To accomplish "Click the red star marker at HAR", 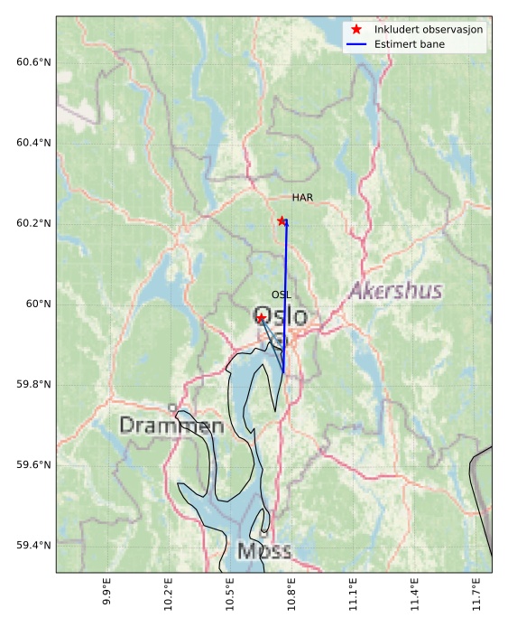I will point(282,220).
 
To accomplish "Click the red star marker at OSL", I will point(261,318).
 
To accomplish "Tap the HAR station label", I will point(301,198).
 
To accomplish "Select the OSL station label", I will point(282,295).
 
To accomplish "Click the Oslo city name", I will point(281,317).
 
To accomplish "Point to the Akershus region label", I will point(395,291).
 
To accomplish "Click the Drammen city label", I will point(171,425).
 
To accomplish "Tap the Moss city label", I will point(263,551).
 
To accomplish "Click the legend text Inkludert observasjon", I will point(429,30).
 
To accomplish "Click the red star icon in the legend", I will point(357,30).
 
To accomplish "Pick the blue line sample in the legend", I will point(357,44).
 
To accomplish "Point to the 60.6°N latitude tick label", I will point(33,62).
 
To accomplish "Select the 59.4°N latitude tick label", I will point(33,546).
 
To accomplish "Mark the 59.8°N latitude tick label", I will point(33,385).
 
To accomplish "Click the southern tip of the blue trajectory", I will point(284,372).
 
